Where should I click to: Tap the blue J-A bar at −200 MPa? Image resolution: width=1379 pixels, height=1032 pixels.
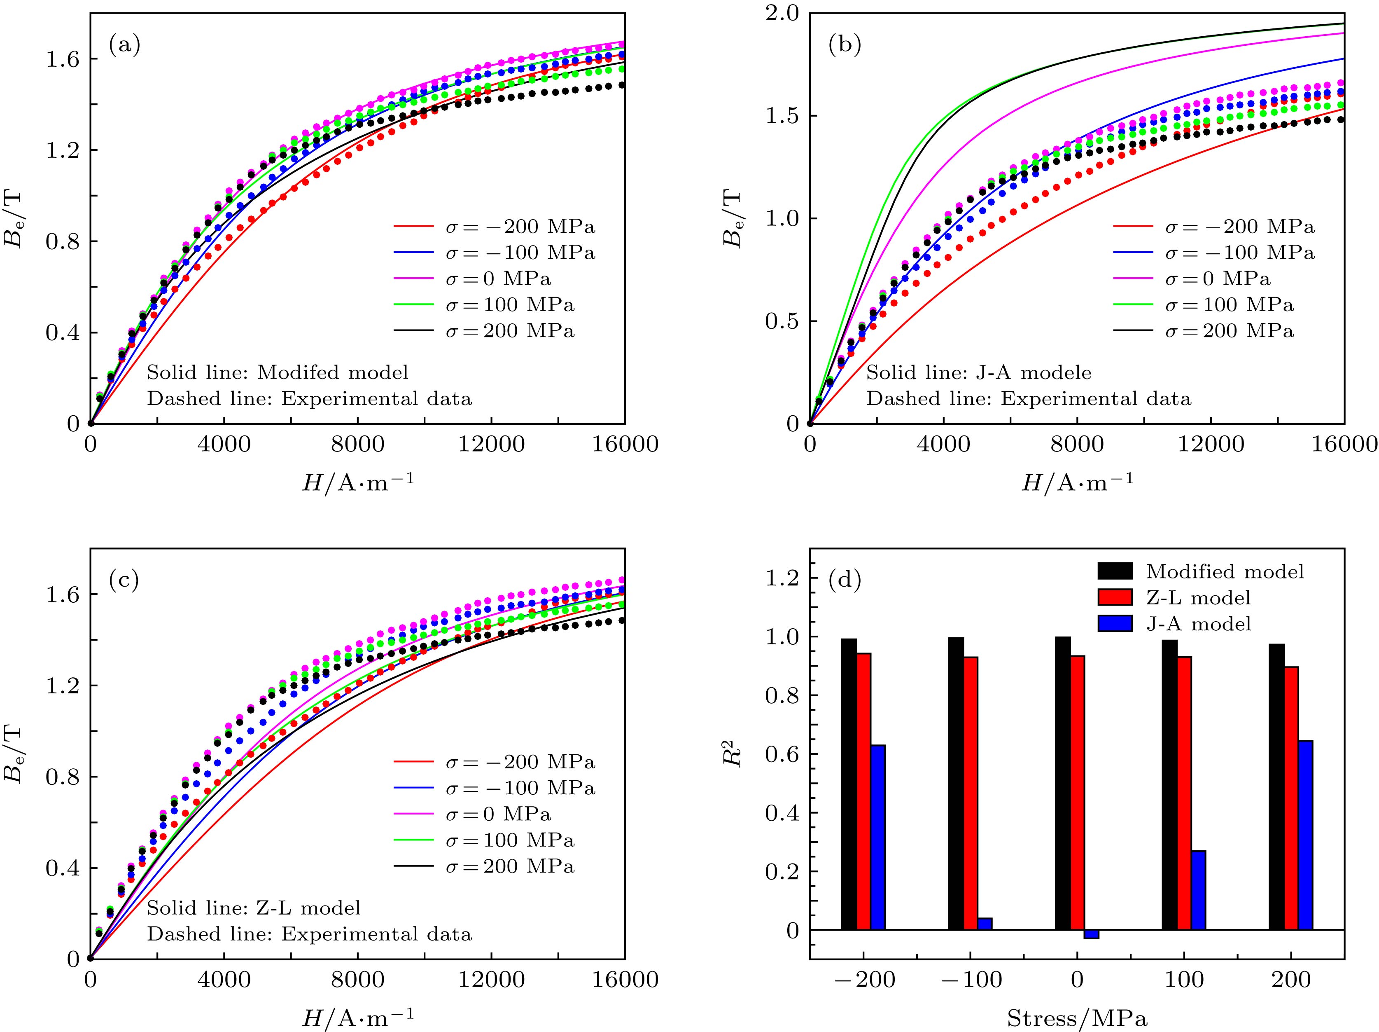pyautogui.click(x=878, y=836)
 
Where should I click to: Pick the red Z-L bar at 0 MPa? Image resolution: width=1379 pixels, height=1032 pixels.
pyautogui.click(x=1078, y=792)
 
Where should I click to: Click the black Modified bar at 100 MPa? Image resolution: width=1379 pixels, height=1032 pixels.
pyautogui.click(x=1169, y=784)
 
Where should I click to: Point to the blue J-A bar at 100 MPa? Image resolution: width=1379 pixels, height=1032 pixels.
pyautogui.click(x=1198, y=890)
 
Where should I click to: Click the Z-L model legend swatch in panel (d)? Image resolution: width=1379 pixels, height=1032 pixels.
pyautogui.click(x=1115, y=597)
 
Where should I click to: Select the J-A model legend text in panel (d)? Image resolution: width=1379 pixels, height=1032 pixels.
pyautogui.click(x=1199, y=624)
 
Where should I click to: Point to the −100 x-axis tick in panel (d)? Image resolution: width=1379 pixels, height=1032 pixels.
pyautogui.click(x=970, y=980)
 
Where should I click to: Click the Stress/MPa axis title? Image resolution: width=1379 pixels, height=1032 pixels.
pyautogui.click(x=1077, y=1018)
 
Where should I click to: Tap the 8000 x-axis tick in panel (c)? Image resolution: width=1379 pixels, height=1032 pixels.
pyautogui.click(x=357, y=980)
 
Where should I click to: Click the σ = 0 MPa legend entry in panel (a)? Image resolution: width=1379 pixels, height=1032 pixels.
pyautogui.click(x=497, y=279)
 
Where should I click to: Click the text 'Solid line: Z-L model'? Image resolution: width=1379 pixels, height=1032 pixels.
pyautogui.click(x=254, y=908)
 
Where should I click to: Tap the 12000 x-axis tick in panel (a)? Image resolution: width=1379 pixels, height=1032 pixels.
pyautogui.click(x=491, y=445)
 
